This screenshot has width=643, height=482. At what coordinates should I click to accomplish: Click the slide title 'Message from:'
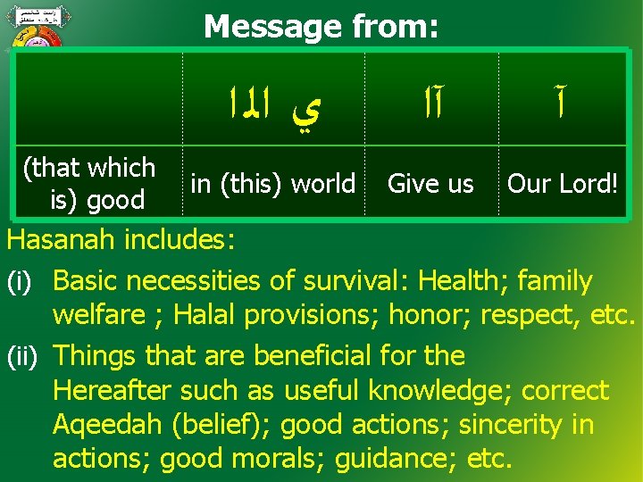tap(321, 26)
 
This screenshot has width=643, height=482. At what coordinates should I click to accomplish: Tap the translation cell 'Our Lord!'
tap(563, 184)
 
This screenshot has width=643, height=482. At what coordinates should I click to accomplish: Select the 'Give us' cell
tap(430, 184)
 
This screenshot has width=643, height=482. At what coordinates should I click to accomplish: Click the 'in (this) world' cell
tap(273, 184)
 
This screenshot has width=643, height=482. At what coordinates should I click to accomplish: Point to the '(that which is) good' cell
tap(89, 183)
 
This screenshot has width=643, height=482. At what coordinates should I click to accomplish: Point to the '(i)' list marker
tap(21, 282)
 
